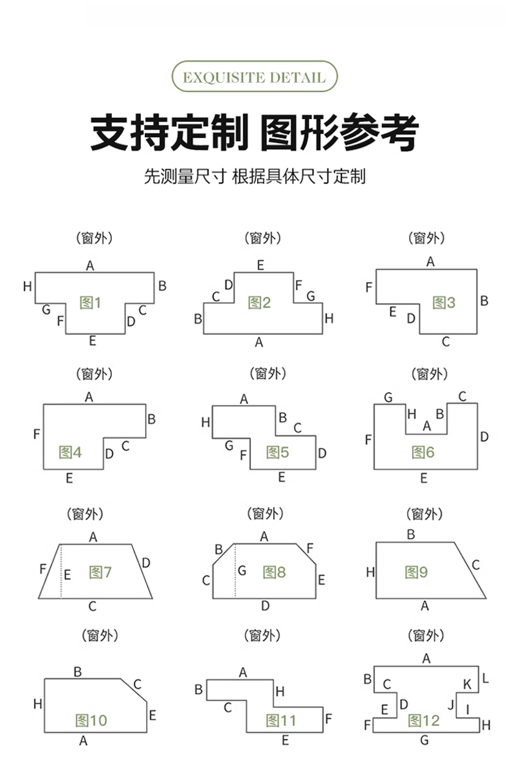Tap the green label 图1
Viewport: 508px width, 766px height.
point(90,303)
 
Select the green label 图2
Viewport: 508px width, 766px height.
point(260,303)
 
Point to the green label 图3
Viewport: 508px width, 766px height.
point(444,303)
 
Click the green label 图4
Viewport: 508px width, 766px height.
point(70,453)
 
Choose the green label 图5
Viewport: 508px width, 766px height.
point(278,453)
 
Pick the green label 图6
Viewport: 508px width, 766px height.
point(423,453)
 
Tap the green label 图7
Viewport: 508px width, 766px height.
point(100,572)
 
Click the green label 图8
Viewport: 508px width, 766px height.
point(274,572)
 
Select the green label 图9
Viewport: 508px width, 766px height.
point(416,572)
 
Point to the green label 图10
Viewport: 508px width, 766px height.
point(91,720)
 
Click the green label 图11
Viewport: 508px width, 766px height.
point(281,720)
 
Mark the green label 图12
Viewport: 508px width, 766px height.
point(424,720)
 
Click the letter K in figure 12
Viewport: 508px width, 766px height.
point(467,684)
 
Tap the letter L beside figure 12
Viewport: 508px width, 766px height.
point(485,678)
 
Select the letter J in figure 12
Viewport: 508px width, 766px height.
point(451,705)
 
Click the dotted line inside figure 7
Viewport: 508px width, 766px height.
point(61,571)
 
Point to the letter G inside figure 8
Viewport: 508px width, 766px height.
point(242,570)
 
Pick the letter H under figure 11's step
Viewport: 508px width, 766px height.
point(280,692)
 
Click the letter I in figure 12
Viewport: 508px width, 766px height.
point(467,709)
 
